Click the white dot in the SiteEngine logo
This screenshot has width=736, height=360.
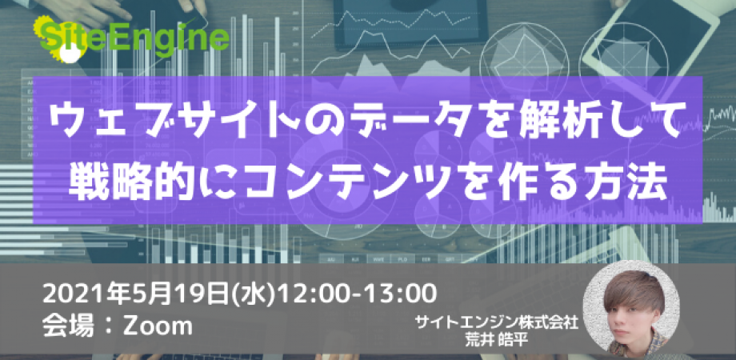[71, 54]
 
